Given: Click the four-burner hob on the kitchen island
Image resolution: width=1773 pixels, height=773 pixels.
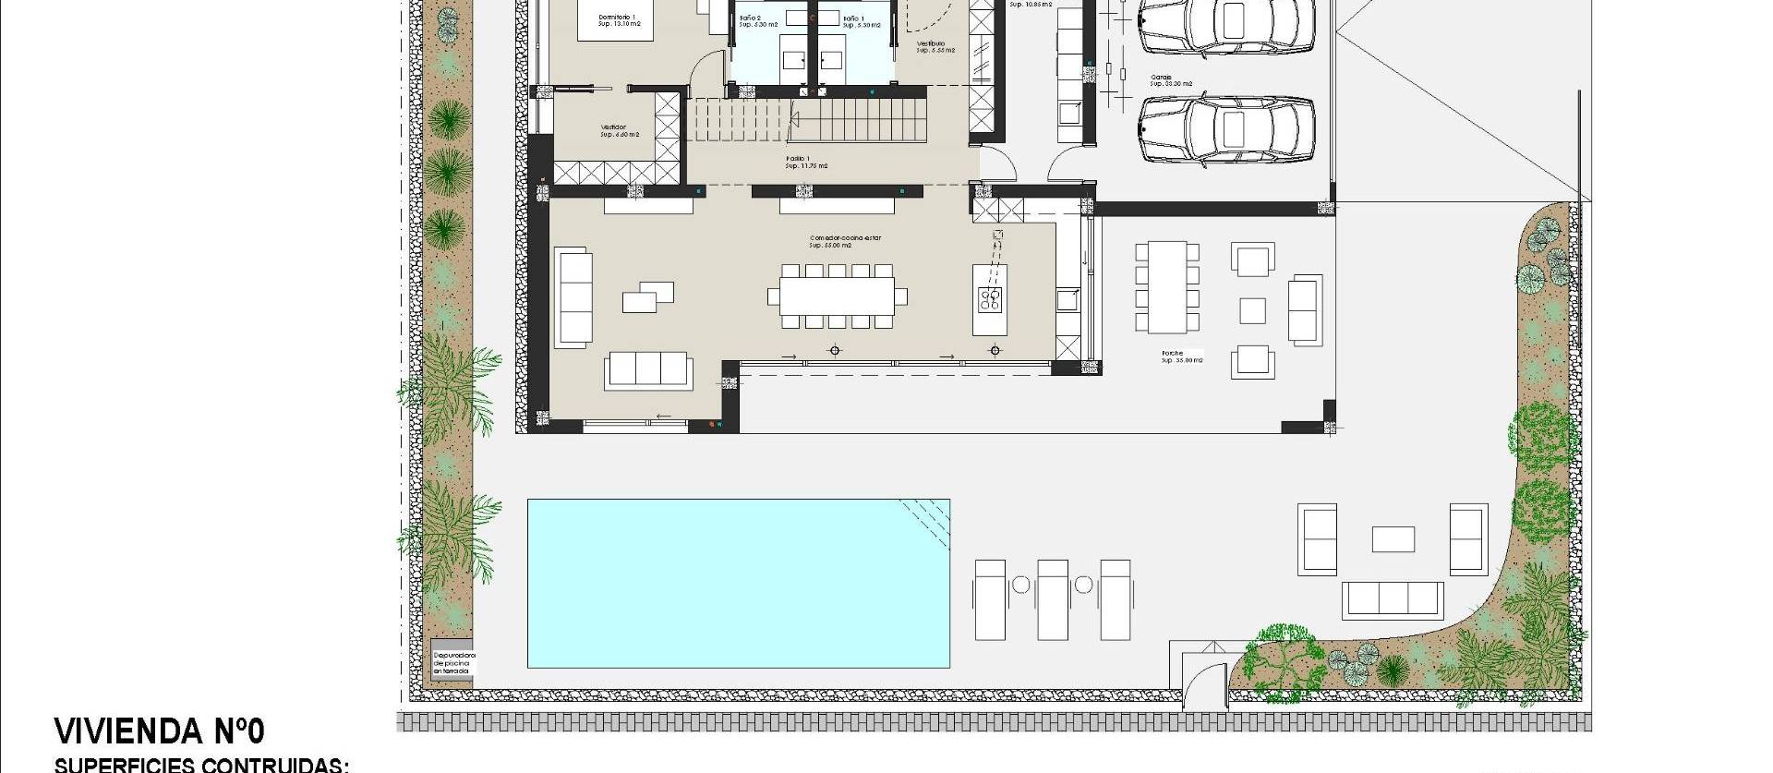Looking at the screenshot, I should [x=990, y=298].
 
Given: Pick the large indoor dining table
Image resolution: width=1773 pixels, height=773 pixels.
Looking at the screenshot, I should [x=837, y=296].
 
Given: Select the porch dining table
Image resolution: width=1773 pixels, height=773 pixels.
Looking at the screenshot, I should [x=1167, y=286].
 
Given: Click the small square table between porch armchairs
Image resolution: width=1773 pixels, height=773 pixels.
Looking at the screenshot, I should [x=1251, y=310].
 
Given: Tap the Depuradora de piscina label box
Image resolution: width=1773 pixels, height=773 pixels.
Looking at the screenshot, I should [x=452, y=662].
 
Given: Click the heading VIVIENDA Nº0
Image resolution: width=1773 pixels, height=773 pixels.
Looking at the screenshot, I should [x=159, y=731].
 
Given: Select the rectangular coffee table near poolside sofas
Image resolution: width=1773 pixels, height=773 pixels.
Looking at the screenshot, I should [x=1393, y=539].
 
